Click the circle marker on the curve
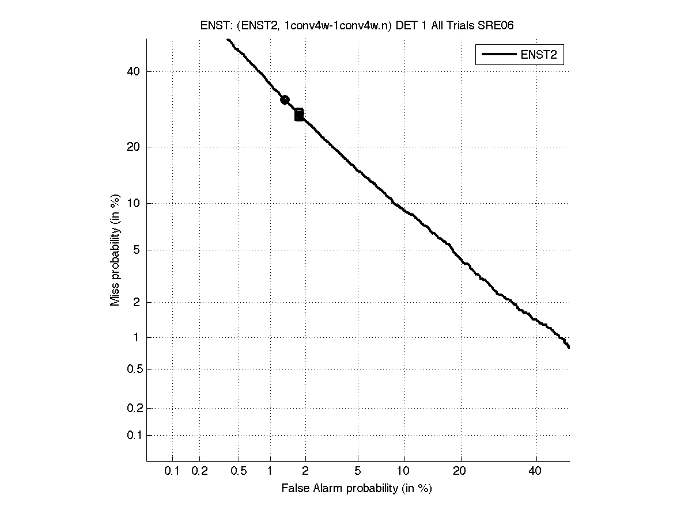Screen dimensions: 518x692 click(285, 100)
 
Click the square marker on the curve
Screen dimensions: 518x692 click(299, 115)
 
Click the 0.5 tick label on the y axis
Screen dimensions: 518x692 click(133, 369)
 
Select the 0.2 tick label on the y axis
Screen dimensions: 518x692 click(133, 408)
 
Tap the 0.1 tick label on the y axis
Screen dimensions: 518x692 click(133, 436)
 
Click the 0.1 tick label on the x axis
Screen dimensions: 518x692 click(172, 471)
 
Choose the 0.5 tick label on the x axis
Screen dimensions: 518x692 click(239, 471)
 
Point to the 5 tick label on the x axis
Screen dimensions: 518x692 click(358, 471)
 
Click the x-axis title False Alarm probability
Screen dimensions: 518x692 click(357, 489)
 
